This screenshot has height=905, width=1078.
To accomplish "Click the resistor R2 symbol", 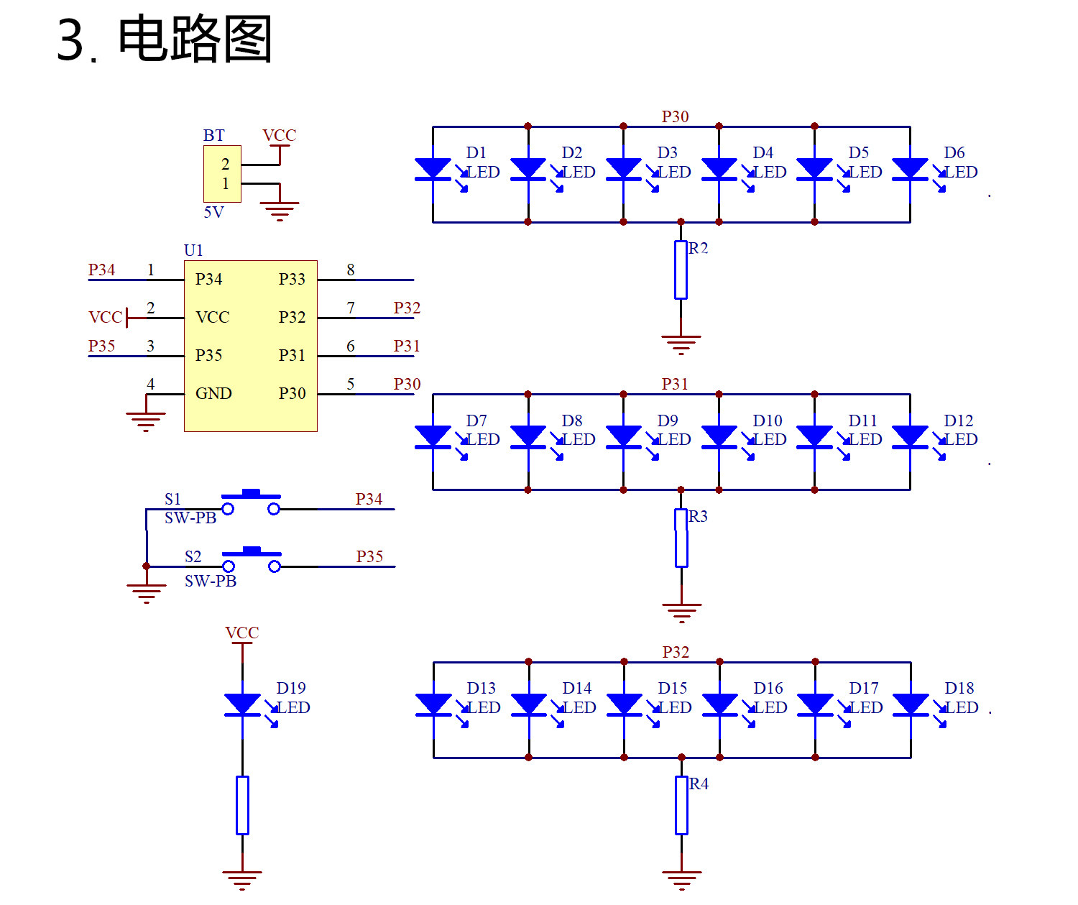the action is (681, 270).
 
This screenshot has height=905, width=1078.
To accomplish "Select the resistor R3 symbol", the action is (681, 538).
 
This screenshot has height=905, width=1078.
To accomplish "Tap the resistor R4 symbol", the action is (681, 805).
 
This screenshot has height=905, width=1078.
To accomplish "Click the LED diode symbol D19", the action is (243, 704).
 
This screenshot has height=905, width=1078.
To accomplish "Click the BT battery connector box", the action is (222, 173).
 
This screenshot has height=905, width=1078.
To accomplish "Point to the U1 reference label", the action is (193, 251).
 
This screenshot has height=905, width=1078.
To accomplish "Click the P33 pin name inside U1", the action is (292, 279).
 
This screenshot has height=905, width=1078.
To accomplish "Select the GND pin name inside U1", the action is (213, 394).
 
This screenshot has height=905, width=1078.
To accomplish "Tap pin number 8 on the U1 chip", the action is (351, 270).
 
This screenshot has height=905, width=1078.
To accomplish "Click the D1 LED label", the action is (476, 152).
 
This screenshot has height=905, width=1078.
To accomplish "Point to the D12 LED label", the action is (959, 421).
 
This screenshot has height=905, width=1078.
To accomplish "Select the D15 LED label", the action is (672, 688).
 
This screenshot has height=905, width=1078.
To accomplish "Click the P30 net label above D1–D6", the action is (676, 116).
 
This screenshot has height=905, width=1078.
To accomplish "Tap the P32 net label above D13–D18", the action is (676, 653).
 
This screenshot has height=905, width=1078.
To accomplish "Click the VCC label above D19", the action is (242, 633).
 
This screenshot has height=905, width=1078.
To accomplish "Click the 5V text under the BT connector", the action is (213, 212).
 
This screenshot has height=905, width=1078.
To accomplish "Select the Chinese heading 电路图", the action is (195, 39).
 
